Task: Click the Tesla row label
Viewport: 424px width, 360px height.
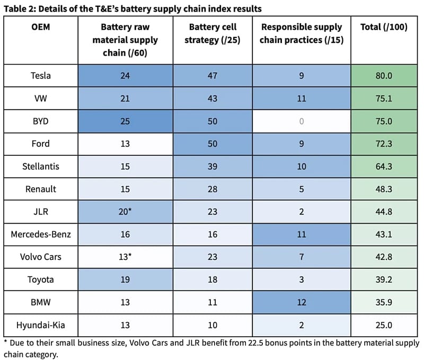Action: click(x=41, y=75)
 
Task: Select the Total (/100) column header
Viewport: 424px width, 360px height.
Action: click(x=384, y=27)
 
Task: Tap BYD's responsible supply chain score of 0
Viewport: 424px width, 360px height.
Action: click(x=302, y=121)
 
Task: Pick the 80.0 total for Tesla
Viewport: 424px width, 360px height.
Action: click(x=384, y=75)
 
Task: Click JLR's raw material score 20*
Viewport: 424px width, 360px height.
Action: click(x=125, y=212)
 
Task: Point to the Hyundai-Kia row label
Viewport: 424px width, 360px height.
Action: click(x=41, y=325)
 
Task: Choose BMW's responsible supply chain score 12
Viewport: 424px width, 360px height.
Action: click(x=302, y=302)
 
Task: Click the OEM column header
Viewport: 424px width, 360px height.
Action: click(x=41, y=27)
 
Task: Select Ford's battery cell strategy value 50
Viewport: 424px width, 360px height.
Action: click(x=213, y=144)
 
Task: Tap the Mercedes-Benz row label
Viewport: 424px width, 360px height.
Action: click(x=41, y=234)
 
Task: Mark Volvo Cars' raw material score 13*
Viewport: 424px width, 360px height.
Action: click(x=125, y=257)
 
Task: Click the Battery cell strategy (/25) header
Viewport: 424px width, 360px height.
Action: click(x=213, y=33)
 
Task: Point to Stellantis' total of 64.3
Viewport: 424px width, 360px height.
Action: click(x=384, y=166)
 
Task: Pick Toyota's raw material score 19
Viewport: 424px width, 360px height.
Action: click(x=125, y=279)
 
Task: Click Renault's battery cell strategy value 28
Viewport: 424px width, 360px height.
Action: click(x=213, y=189)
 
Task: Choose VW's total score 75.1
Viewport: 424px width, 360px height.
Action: click(x=384, y=99)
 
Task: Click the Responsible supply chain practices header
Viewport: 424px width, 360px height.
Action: click(x=302, y=33)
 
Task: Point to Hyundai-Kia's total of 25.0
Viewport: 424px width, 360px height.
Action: click(x=384, y=325)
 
